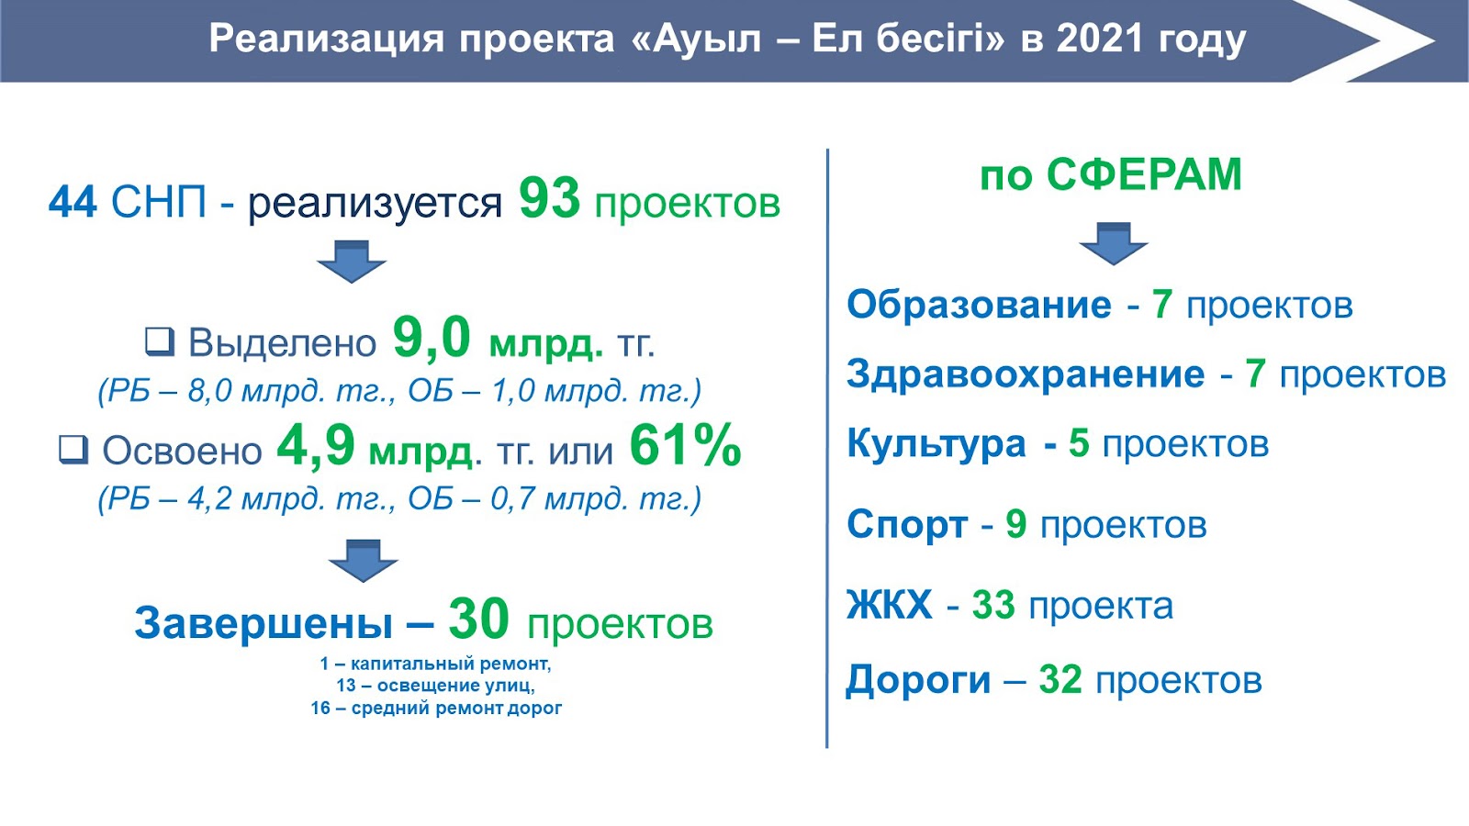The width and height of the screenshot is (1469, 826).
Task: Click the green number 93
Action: pos(550,198)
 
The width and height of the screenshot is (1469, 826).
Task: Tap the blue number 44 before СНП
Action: pos(73,201)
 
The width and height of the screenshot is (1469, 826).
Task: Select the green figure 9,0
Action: pos(432,339)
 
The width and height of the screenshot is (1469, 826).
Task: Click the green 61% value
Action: pos(685,446)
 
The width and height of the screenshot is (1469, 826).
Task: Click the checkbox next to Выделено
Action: pos(160,341)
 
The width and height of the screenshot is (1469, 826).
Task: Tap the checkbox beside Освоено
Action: pos(73,451)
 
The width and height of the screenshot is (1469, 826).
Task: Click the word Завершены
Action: pos(264,621)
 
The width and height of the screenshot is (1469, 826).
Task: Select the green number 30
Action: pos(478,619)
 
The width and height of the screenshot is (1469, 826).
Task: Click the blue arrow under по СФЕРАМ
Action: pos(1113,243)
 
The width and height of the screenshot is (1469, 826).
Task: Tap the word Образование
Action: pos(979,304)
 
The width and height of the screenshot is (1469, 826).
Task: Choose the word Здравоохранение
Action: pos(1026,374)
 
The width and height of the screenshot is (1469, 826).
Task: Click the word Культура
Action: pos(936,444)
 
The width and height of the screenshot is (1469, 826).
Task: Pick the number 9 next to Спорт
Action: pos(1015,524)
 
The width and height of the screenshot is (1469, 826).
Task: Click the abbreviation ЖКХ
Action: pos(889,605)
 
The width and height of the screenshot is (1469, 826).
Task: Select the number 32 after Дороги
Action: pos(1060,679)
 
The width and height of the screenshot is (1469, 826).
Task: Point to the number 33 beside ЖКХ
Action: pos(992,605)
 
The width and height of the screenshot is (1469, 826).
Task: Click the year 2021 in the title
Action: pos(1101,39)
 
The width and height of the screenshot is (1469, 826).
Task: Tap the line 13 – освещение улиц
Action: pos(435,686)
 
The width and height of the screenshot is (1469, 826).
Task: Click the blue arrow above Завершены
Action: pos(364,561)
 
